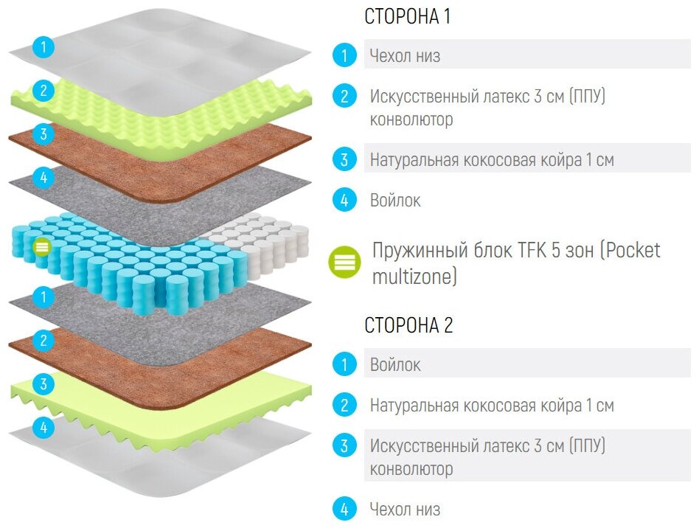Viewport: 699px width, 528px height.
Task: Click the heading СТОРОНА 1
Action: tap(407, 17)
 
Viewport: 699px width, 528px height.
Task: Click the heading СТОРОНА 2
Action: tap(408, 325)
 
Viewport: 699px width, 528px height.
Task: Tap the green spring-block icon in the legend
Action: tap(344, 261)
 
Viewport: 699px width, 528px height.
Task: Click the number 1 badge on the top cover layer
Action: tap(44, 48)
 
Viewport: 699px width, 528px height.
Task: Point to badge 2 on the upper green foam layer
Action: tap(44, 91)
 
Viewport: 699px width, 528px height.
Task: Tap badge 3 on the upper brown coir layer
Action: tap(44, 134)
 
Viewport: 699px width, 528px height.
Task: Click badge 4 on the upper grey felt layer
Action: tap(44, 177)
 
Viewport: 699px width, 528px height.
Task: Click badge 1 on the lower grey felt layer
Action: tap(44, 297)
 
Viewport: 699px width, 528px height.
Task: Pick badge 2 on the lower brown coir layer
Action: tap(44, 341)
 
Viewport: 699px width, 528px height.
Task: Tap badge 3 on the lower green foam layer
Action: tap(44, 383)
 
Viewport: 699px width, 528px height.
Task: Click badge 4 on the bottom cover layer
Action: tap(44, 427)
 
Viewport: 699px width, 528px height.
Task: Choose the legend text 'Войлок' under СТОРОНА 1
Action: tap(395, 200)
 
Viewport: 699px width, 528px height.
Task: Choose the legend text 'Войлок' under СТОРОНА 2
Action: tap(395, 364)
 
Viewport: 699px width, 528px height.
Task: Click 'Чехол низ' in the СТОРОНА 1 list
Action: tap(405, 55)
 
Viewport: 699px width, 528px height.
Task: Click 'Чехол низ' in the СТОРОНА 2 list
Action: tap(405, 509)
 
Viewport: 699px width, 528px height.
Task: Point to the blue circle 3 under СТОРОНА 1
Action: tap(344, 159)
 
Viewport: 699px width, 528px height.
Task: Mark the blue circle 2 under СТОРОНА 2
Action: tap(344, 405)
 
